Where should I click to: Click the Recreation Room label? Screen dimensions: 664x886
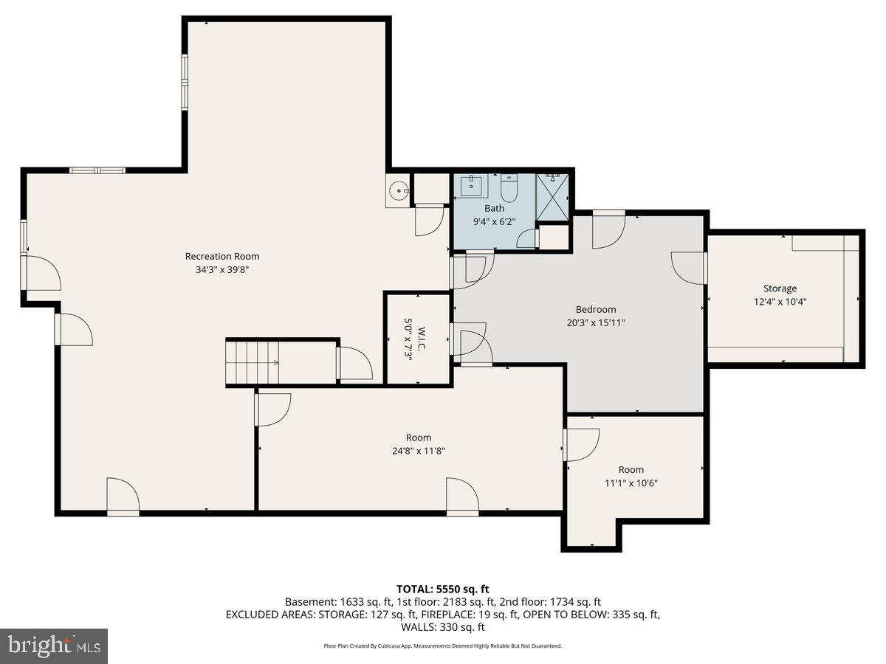tap(222, 256)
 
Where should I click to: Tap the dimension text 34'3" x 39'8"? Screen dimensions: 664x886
tap(222, 270)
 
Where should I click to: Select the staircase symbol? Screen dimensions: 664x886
tap(252, 362)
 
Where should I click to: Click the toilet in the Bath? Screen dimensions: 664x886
tap(509, 188)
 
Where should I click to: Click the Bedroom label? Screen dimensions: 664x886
tap(595, 309)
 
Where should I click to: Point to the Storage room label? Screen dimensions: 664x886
tap(780, 288)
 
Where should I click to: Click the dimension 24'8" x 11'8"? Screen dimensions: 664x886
tap(418, 451)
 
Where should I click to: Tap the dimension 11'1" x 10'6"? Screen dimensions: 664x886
tap(631, 483)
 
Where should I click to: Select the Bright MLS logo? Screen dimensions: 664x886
tap(54, 646)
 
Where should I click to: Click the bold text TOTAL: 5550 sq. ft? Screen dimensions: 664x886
tap(443, 589)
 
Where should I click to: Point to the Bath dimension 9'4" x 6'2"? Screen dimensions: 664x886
tap(494, 221)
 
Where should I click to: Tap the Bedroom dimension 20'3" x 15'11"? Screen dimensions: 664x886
tap(595, 322)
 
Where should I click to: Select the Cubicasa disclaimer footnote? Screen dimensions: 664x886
tap(443, 646)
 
